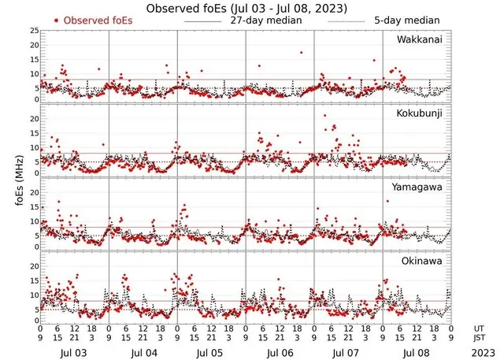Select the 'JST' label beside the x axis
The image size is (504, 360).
[x=478, y=338]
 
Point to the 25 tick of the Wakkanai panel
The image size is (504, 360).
[x=34, y=31]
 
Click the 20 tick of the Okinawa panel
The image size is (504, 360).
[x=34, y=265]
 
